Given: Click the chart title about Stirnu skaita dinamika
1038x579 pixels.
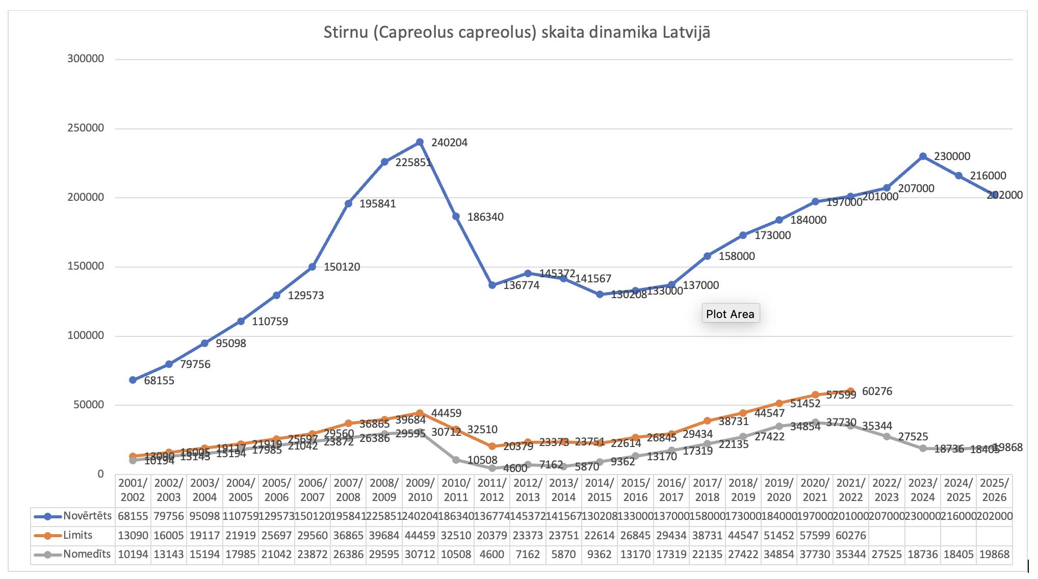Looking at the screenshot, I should coord(516,32).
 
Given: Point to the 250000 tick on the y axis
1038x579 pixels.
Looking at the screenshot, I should coord(86,128).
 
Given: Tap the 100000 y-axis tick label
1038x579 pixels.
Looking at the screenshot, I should coord(86,335).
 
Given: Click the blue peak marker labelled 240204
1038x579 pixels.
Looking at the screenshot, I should coord(420,142).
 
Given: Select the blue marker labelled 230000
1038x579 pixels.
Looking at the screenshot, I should coord(923,156).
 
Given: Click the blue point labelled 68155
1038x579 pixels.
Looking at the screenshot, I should coord(133,380).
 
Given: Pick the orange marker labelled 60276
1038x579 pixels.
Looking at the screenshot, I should coord(850,391).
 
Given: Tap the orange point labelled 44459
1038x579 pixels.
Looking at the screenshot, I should coord(420,413).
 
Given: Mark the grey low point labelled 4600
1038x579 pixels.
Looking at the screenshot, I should coord(492,468).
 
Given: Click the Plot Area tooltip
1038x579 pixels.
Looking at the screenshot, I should coord(730,314).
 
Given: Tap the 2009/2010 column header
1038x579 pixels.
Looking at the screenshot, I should coord(420,490).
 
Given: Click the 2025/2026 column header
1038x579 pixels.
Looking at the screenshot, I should coord(994,490).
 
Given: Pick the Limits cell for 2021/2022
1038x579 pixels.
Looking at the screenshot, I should coord(850,535).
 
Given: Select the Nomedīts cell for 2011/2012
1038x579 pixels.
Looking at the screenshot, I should coord(492,554).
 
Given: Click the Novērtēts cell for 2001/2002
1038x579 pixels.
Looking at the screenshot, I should coord(133,516).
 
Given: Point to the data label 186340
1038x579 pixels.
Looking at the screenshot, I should coord(485,217).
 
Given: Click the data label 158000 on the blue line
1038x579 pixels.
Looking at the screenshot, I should coord(737,256).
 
